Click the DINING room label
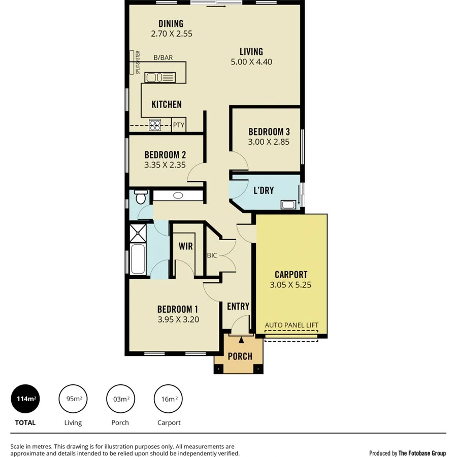[171, 24]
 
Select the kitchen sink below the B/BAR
[159, 77]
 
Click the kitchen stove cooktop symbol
[155, 125]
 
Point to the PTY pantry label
[178, 125]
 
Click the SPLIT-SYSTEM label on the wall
[137, 62]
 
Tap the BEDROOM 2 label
[165, 155]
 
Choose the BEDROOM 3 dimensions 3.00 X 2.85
[269, 142]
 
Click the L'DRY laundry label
[264, 190]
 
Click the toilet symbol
[140, 195]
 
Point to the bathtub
[138, 259]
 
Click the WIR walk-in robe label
[185, 246]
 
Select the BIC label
[212, 255]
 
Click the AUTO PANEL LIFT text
[291, 325]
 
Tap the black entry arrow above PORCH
[241, 340]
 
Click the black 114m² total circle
[25, 399]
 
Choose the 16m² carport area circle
[169, 399]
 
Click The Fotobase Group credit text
[422, 453]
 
